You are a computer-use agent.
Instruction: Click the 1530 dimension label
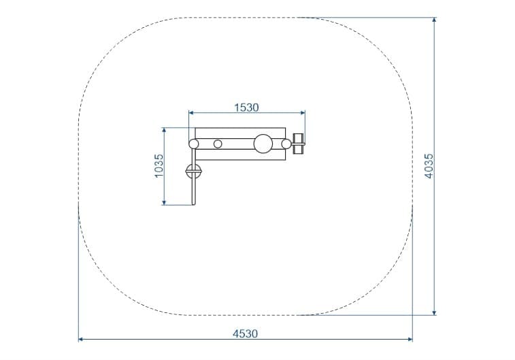(x=246, y=108)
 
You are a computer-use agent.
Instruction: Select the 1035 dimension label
(x=159, y=166)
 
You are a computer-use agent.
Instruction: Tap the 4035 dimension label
(x=429, y=166)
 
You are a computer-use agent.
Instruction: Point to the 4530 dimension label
(x=246, y=333)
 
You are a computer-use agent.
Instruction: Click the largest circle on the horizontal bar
(x=263, y=144)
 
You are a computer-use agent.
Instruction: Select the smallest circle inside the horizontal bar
(x=218, y=144)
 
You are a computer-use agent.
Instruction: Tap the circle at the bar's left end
(x=194, y=144)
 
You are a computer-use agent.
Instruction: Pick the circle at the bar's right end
(x=286, y=144)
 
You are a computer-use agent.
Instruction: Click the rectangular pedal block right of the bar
(x=299, y=144)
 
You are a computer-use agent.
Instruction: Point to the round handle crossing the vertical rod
(x=193, y=171)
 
